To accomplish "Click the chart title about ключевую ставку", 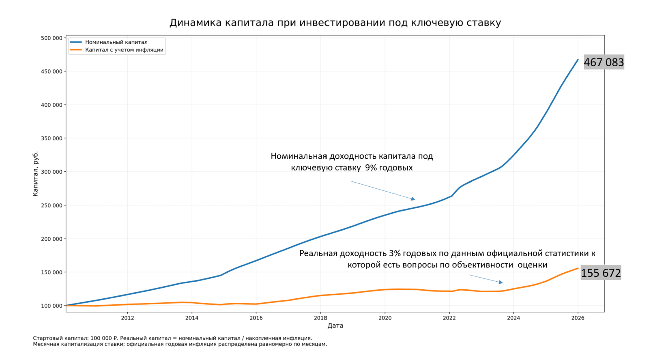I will [335, 23].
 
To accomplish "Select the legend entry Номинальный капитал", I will [116, 42].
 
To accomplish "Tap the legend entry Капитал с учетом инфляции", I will [124, 50].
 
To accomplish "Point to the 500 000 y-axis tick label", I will [52, 38].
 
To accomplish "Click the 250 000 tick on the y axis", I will [52, 205].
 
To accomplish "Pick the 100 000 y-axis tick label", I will [52, 306].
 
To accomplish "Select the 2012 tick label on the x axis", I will [127, 318].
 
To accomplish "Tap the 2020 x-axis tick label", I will [385, 318].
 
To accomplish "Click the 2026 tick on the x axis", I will [578, 318].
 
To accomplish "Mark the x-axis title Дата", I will [335, 326].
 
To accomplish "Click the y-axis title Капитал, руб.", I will [35, 174].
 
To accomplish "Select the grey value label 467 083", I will [604, 62].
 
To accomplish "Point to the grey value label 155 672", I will [601, 273].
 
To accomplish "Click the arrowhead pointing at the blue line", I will [413, 199].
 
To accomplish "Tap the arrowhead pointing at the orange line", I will [501, 282].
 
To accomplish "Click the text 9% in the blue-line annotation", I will [371, 168].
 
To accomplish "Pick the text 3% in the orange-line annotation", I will [394, 253].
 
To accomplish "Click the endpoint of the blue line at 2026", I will [578, 60].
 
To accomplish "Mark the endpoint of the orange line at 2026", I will [578, 268].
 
